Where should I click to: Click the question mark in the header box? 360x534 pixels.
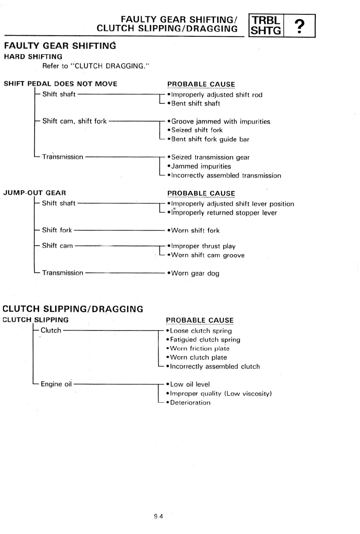click(300, 26)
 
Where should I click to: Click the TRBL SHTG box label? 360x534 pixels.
click(266, 25)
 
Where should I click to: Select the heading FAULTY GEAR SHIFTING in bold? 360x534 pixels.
click(60, 46)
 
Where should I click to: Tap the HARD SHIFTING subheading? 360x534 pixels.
click(33, 57)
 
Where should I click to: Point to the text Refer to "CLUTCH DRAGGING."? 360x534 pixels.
click(96, 66)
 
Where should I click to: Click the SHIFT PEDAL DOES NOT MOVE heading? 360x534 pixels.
click(61, 84)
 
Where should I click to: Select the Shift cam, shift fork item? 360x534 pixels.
click(74, 121)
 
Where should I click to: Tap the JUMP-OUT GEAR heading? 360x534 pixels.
click(34, 193)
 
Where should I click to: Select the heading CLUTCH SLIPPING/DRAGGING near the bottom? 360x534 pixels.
click(73, 309)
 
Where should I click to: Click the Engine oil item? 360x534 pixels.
click(56, 384)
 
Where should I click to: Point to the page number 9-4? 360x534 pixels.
click(158, 516)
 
